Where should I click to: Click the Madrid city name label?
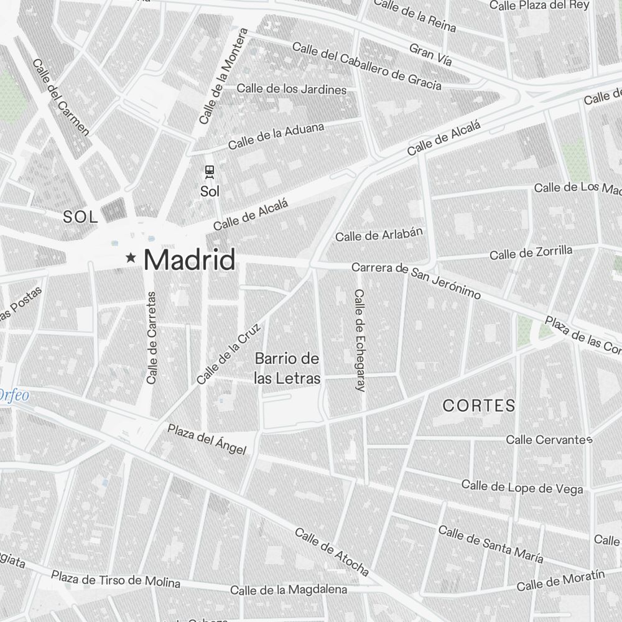190,259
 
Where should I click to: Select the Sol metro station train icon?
210,171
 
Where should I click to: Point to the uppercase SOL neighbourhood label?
81,217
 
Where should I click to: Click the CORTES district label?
479,406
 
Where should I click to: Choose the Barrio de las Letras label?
287,368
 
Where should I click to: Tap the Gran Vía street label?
430,55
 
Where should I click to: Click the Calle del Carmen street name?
61,97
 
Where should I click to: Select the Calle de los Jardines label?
291,89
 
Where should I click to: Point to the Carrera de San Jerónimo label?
415,280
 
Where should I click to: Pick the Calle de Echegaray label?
359,340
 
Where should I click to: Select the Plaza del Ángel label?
207,439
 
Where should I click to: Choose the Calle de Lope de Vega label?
522,488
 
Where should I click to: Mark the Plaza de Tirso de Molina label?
116,580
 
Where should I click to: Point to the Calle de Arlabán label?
379,234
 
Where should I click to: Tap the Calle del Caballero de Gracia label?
367,66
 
